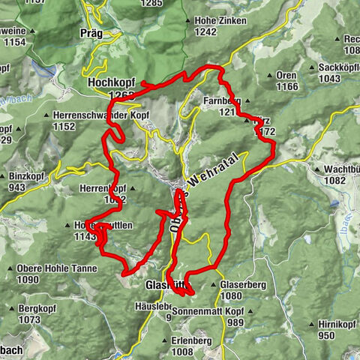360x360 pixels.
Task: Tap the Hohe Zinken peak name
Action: (x=220, y=20)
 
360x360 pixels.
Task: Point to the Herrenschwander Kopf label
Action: (x=97, y=115)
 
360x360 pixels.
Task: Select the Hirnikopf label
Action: (x=334, y=324)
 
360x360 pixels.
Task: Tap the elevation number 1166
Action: (x=287, y=87)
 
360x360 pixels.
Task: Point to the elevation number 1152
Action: (x=66, y=127)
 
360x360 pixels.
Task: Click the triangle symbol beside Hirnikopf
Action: (x=311, y=324)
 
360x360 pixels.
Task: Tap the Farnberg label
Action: (x=220, y=100)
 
